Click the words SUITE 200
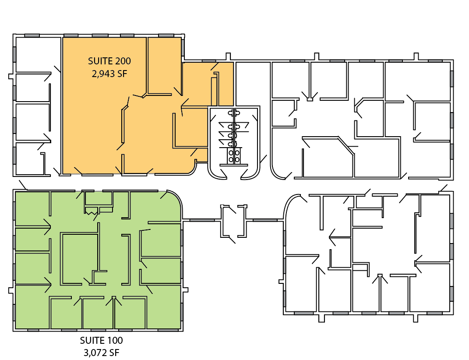109,61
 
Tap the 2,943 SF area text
109,74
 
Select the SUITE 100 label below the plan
101,341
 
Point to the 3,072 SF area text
102,353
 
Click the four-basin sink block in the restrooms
233,156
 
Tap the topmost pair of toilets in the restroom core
234,113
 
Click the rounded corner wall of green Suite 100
176,198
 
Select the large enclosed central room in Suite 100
80,258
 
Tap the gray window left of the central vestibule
202,220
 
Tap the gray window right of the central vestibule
265,220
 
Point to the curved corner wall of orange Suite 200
193,169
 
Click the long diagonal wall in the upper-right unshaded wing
346,146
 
